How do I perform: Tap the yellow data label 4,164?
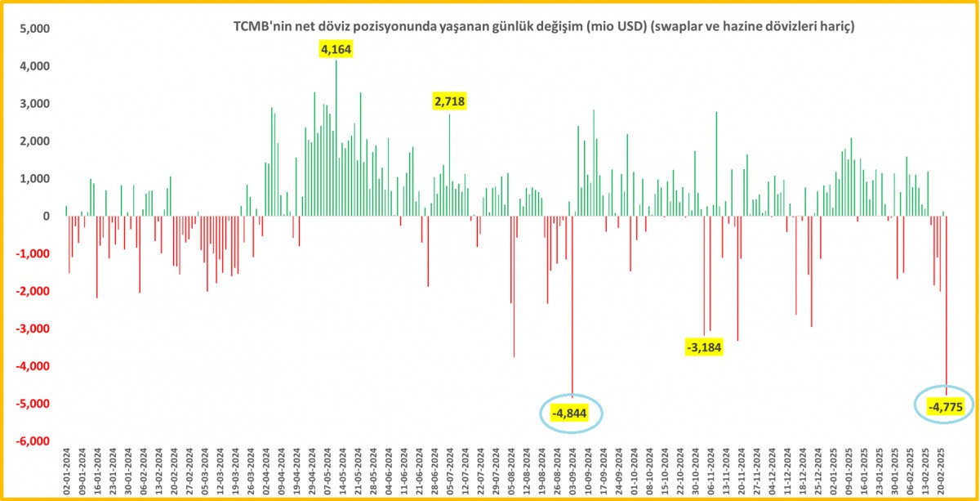336,50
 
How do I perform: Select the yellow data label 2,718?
448,101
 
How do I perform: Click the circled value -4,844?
571,414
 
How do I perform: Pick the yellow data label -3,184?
705,347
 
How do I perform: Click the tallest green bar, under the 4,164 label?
336,139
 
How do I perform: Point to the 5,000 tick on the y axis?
33,29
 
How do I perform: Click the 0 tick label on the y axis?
47,217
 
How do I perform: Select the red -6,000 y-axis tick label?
31,441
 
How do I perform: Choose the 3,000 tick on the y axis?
33,104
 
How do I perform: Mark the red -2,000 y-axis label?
31,292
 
